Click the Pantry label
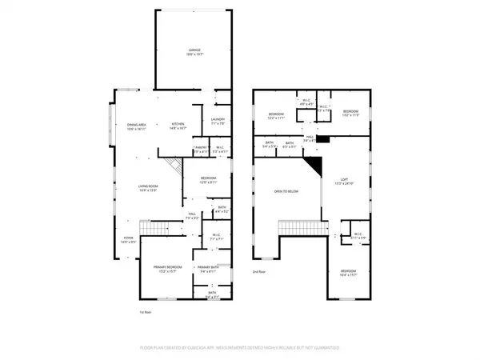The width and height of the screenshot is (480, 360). [201, 149]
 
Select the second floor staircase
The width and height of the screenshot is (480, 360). [304, 230]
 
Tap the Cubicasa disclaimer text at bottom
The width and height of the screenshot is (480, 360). [239, 349]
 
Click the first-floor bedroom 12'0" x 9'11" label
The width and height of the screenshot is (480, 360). [208, 180]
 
